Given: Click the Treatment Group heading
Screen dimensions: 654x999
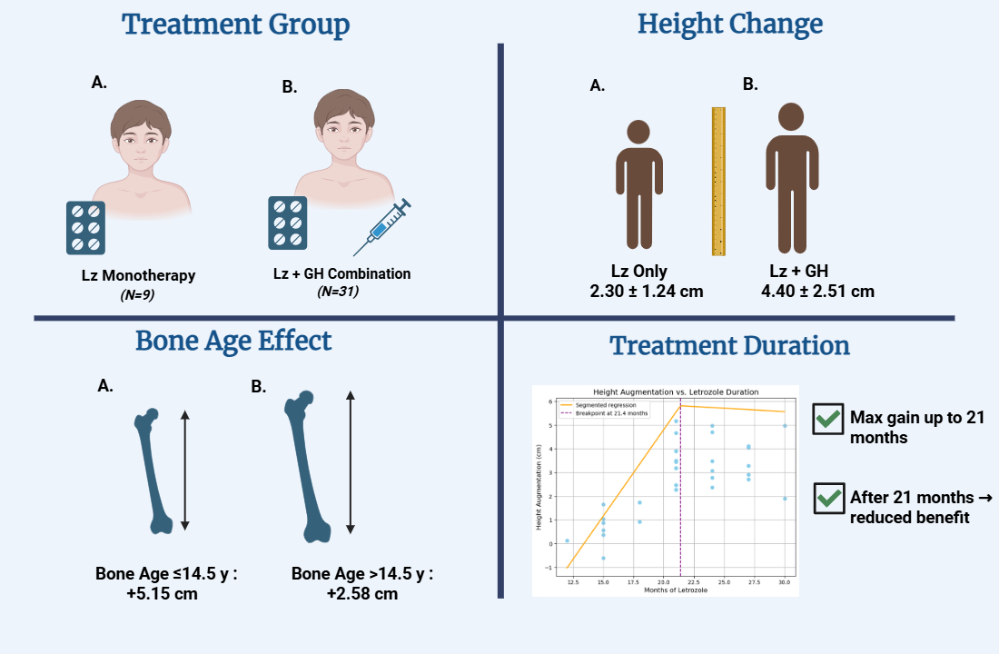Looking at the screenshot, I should click(236, 25).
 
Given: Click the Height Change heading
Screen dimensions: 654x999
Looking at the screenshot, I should click(730, 25).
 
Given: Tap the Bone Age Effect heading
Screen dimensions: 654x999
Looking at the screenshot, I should click(233, 341).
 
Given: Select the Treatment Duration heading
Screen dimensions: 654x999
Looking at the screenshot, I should click(729, 346).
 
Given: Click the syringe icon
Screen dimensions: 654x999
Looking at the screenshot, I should click(382, 227).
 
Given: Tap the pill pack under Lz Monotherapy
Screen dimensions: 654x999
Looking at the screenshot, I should click(85, 227).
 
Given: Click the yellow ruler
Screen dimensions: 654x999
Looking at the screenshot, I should click(718, 181).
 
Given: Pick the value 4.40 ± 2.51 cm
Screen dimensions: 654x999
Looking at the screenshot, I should click(818, 292).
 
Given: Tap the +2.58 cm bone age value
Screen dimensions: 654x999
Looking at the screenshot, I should click(362, 594).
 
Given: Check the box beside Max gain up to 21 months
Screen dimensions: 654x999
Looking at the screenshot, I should click(827, 419).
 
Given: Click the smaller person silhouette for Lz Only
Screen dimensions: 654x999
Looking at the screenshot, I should click(646, 185).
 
